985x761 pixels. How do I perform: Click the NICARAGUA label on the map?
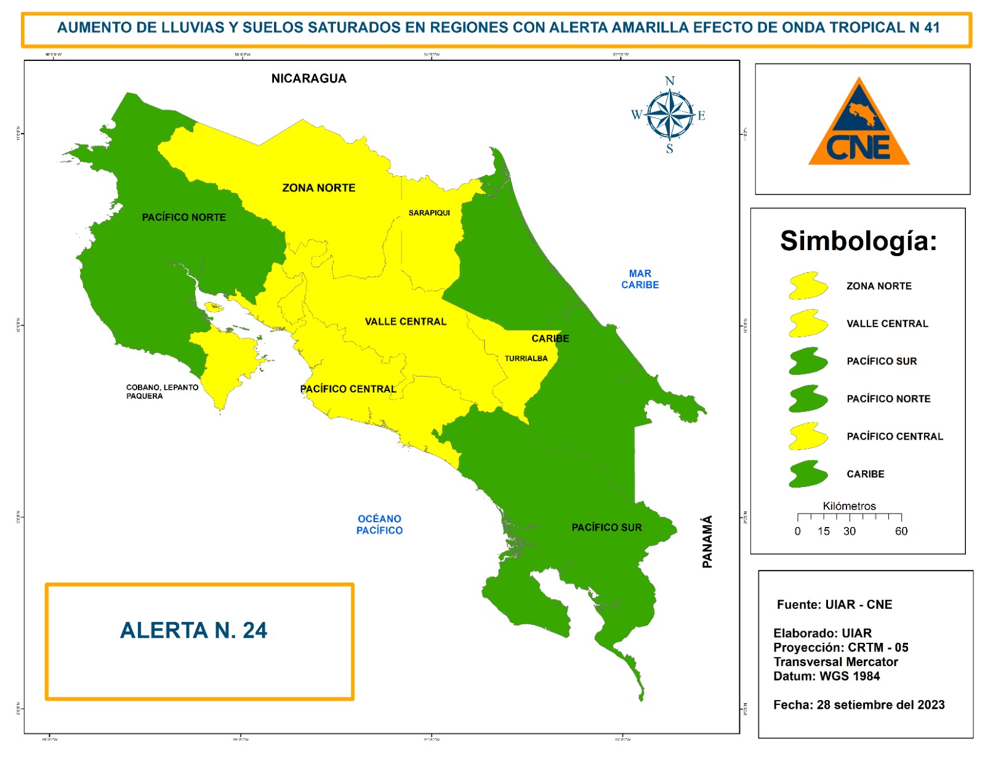[x=308, y=78]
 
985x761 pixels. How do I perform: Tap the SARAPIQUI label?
[x=429, y=212]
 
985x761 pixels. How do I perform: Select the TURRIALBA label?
[x=526, y=358]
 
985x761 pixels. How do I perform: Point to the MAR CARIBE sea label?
[x=640, y=279]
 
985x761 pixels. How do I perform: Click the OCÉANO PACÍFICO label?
[x=379, y=525]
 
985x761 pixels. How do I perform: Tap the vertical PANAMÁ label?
[x=707, y=541]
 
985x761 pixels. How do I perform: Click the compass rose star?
[x=669, y=115]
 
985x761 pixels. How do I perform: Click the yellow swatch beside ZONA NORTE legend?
[x=807, y=286]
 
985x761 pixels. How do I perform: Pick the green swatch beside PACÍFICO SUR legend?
[x=807, y=361]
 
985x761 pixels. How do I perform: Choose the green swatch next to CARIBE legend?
[x=807, y=474]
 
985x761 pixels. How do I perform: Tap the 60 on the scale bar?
[x=901, y=531]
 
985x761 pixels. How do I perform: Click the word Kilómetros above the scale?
[x=849, y=506]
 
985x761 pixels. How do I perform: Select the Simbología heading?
[x=858, y=241]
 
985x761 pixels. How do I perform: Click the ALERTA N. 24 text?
[x=193, y=630]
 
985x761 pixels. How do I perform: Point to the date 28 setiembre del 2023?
[x=880, y=705]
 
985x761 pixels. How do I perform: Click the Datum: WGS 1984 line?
[x=826, y=676]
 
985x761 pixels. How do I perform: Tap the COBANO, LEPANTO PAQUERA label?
[x=161, y=392]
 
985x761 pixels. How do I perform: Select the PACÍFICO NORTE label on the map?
[x=183, y=217]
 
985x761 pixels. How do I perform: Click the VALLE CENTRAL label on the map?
[x=405, y=321]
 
